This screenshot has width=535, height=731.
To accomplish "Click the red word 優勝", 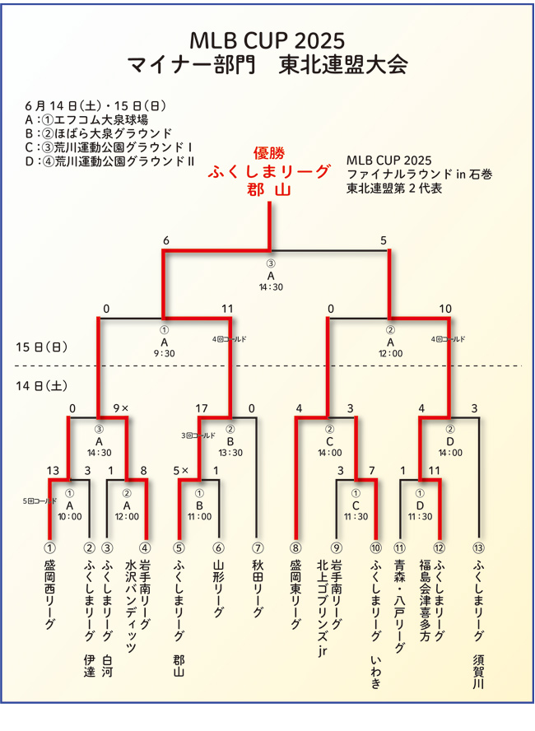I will [x=269, y=153].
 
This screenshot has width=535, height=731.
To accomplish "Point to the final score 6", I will [x=166, y=240].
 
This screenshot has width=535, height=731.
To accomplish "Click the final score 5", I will [x=383, y=240].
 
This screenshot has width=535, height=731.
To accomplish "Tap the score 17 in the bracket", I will [x=202, y=408].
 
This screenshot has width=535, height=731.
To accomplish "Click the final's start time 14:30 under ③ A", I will [x=270, y=288].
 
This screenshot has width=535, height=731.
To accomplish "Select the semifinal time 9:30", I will [x=165, y=353].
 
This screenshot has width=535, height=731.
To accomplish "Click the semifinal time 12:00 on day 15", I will [x=390, y=353].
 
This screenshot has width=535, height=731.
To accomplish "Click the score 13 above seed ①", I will [x=53, y=471].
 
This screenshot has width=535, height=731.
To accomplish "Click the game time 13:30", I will [x=230, y=452].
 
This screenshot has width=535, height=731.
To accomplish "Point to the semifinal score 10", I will [x=445, y=309].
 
